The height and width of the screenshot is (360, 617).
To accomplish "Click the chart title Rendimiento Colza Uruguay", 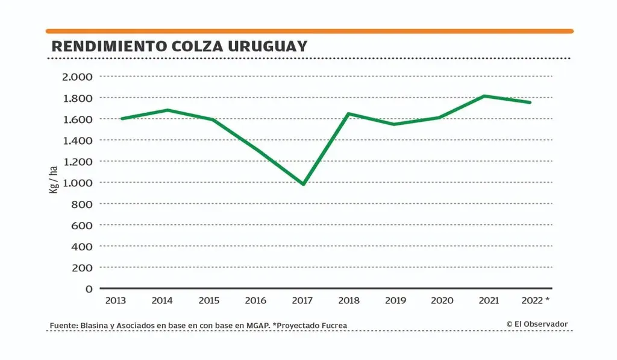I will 180,46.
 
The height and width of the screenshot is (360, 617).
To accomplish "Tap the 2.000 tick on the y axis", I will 77,77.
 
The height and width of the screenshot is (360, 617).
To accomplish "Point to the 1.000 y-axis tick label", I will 77,183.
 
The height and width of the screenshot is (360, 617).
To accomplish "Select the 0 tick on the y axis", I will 89,289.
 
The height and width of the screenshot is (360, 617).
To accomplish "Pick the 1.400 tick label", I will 77,141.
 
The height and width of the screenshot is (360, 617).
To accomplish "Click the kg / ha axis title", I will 53,179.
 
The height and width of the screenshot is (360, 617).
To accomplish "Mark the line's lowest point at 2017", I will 303,184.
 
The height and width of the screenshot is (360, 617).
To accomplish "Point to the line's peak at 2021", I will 484,96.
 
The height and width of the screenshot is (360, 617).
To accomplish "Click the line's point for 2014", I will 167,110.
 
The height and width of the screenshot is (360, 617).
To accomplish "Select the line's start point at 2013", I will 122,119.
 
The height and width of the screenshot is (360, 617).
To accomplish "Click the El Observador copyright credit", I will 537,324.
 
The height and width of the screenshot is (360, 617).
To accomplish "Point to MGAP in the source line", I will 257,326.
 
